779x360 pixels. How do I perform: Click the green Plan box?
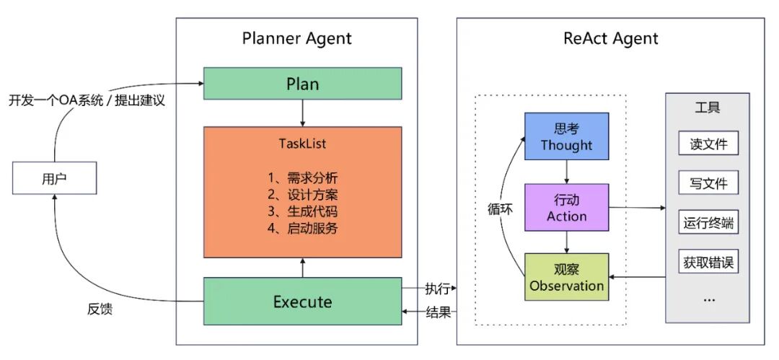point(302,83)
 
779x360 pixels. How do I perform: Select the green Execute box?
point(302,301)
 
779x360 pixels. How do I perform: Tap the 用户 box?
point(55,177)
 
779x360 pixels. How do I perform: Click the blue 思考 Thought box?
point(566,136)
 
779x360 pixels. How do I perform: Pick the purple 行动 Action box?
point(566,207)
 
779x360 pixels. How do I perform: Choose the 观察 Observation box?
point(566,277)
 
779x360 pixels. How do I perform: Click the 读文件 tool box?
point(708,144)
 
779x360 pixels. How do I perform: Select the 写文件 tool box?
point(708,183)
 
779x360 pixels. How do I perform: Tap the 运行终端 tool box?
point(708,223)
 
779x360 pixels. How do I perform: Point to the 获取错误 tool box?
point(708,262)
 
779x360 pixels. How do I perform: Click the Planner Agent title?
point(297,39)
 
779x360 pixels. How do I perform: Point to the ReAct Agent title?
point(610,39)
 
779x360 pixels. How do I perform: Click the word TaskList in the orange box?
point(302,144)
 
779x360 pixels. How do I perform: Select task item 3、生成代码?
point(302,212)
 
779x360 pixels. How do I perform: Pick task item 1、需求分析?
point(302,177)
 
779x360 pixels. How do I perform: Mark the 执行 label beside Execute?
point(438,289)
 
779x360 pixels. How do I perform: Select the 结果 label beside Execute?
point(438,312)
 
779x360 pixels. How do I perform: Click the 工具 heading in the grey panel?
point(708,108)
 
